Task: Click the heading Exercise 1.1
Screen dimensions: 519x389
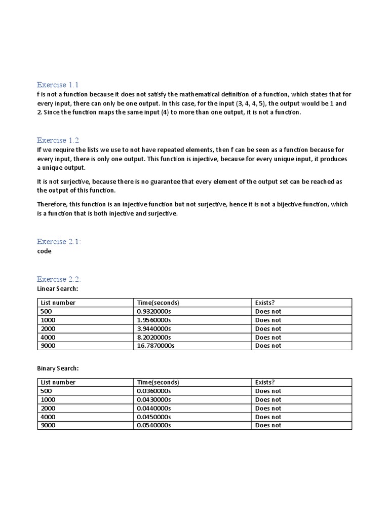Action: click(x=58, y=85)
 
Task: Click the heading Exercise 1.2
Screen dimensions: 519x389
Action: click(x=58, y=140)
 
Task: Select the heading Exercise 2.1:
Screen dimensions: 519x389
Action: click(x=59, y=242)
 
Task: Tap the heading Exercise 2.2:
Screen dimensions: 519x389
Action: click(x=59, y=279)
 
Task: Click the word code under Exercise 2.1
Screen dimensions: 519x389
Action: click(x=44, y=251)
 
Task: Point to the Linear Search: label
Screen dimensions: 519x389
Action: click(x=57, y=288)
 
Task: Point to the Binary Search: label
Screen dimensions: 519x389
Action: click(x=58, y=368)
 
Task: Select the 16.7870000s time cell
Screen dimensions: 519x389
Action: click(x=155, y=346)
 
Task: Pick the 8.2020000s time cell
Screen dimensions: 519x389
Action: click(x=154, y=337)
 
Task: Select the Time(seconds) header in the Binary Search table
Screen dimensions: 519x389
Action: click(x=158, y=382)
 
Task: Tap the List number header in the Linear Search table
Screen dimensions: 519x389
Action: click(x=58, y=303)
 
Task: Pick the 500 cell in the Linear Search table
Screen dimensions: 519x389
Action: click(x=46, y=311)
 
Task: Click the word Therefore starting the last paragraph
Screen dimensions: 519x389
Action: click(x=53, y=204)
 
